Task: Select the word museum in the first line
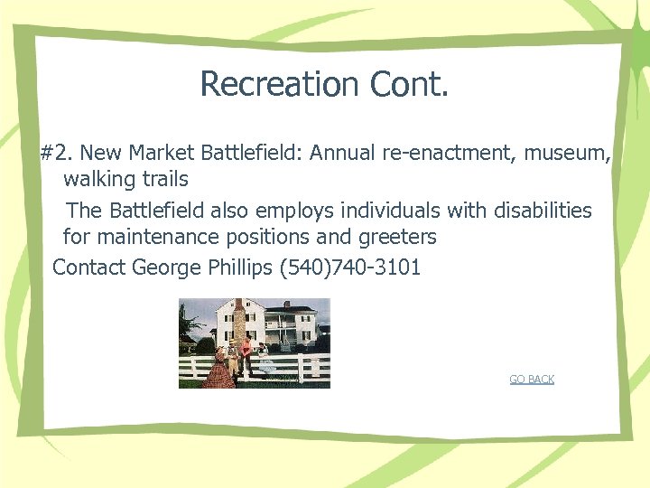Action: click(x=567, y=154)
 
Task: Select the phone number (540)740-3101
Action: click(x=351, y=267)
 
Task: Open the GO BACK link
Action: click(x=532, y=380)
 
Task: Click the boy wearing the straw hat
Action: click(x=231, y=352)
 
